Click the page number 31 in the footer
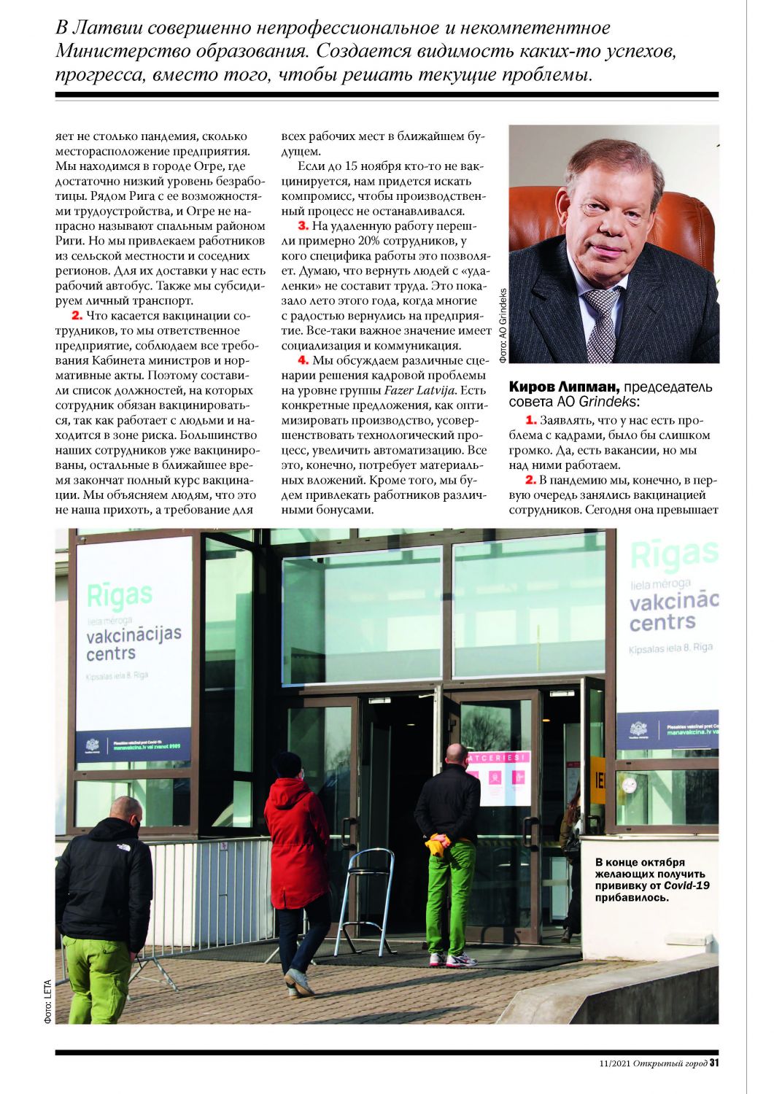coord(714,1063)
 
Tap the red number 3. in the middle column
coord(303,226)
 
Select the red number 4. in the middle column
coord(303,360)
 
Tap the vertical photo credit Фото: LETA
coord(48,1000)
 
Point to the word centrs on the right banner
coord(662,622)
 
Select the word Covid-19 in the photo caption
coord(686,885)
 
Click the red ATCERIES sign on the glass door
coord(498,759)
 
